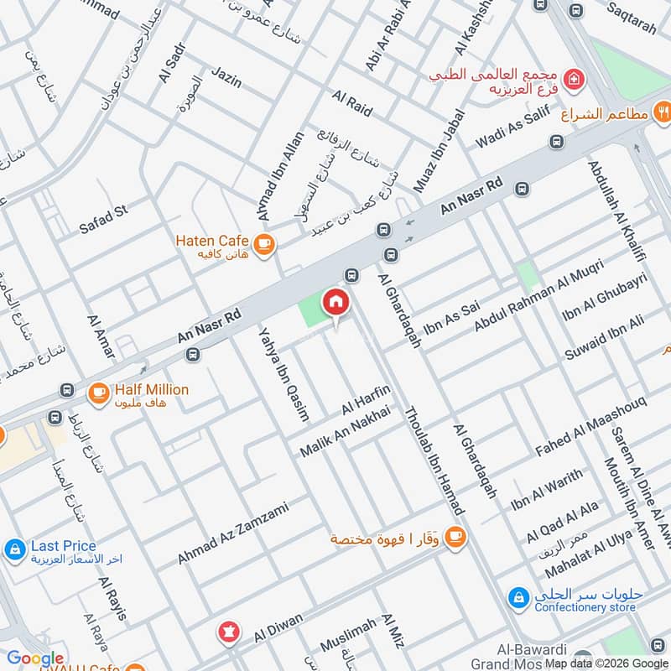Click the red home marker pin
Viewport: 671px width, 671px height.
(x=335, y=302)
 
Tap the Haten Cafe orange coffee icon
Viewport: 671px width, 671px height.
(x=264, y=244)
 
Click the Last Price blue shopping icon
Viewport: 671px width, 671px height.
(x=13, y=550)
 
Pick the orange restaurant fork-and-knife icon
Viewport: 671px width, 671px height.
(x=663, y=112)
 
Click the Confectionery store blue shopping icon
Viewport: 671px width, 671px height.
(x=518, y=598)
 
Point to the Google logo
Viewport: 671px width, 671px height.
(x=35, y=659)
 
